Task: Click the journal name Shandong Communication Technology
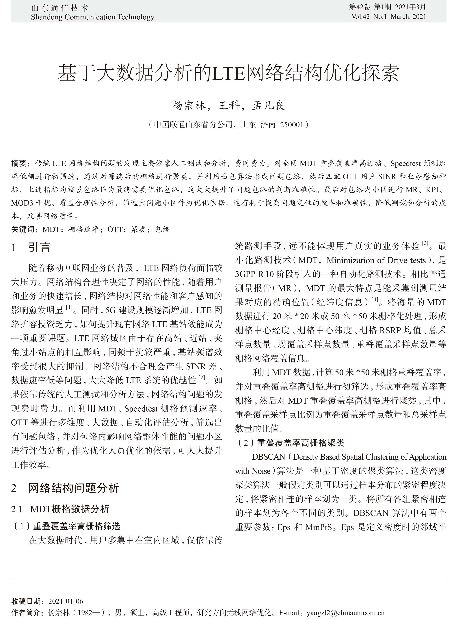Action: click(93, 17)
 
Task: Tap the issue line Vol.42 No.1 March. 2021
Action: click(388, 16)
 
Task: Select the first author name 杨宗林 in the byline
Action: click(189, 106)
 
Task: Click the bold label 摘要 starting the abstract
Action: click(19, 163)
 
